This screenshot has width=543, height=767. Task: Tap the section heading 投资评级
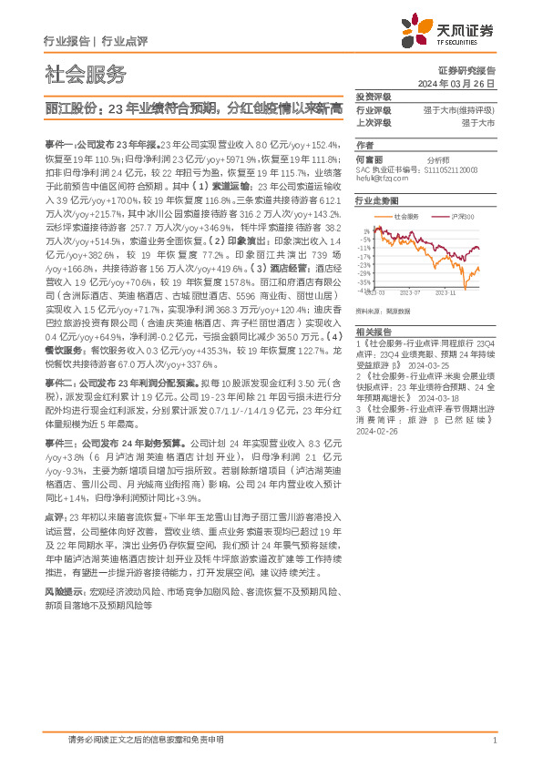tap(373, 97)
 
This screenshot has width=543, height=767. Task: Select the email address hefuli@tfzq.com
tap(378, 178)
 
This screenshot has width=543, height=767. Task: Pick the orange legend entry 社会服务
tap(407, 216)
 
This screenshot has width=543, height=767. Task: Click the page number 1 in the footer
tap(493, 741)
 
